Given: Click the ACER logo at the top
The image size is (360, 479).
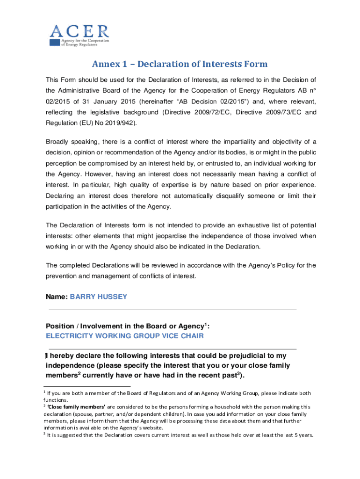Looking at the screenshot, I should [79, 35].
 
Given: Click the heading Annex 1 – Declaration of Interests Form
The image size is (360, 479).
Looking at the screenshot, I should [180, 64].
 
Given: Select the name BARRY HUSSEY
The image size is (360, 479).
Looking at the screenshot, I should [98, 297].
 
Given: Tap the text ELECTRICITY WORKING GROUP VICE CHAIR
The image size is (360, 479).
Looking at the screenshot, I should [124, 336].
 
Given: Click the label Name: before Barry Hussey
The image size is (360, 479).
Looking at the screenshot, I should [57, 297].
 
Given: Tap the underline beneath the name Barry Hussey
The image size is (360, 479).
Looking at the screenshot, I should [173, 310].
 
